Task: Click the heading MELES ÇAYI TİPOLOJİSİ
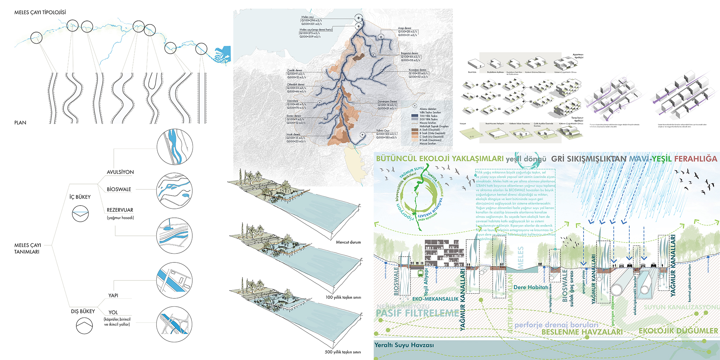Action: (40, 12)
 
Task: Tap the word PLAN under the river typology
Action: (20, 122)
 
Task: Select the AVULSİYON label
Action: (120, 172)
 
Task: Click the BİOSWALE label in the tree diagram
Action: (119, 189)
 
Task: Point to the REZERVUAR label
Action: (120, 210)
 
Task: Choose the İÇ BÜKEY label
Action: (80, 197)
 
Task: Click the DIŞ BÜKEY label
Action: (83, 311)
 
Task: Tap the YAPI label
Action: (113, 296)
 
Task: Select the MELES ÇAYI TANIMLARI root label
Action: (27, 248)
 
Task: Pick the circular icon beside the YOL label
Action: (175, 324)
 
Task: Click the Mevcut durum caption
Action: (348, 242)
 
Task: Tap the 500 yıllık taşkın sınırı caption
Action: (343, 352)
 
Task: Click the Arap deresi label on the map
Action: (405, 28)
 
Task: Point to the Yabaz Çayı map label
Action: (383, 131)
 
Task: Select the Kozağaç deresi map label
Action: (417, 70)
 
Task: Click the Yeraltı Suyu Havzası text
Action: (404, 345)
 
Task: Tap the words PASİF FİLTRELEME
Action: (418, 313)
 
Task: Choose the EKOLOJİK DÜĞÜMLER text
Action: (678, 331)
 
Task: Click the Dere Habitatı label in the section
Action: (531, 287)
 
